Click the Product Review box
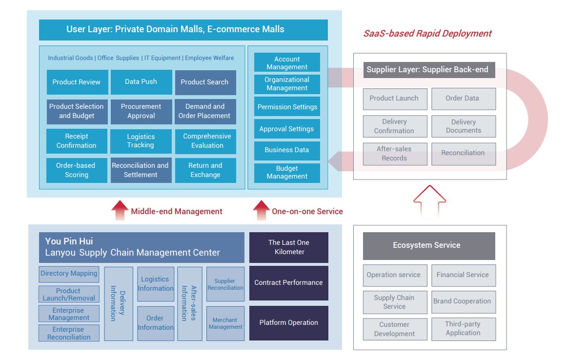coord(77,82)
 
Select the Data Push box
coord(141,82)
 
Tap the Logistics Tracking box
coord(141,141)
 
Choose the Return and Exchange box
coord(205,170)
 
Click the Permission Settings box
coord(287,107)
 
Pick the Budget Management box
coord(287,173)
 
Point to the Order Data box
coord(463,99)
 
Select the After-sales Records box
coord(395,154)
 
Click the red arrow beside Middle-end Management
coord(120,211)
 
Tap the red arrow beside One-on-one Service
coord(261,211)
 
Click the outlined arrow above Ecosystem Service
coord(429,200)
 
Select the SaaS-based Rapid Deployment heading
coord(427,34)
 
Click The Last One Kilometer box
coord(289,247)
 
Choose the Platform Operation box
coord(289,322)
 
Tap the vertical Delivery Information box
coord(119,303)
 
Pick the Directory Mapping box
coord(69,274)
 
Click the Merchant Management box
coord(225,323)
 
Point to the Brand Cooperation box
coord(463,301)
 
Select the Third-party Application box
coord(463,329)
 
